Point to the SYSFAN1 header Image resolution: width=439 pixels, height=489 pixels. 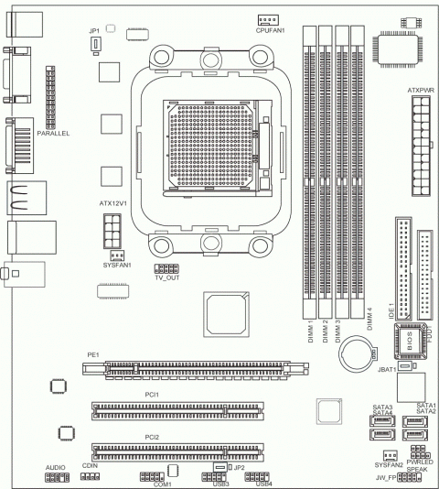click(x=117, y=255)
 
